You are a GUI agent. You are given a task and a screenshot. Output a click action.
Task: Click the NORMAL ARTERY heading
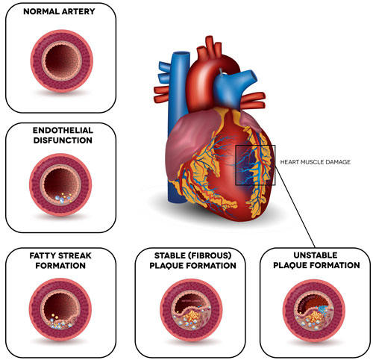click(60, 13)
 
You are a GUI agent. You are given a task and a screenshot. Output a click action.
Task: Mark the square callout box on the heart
click(255, 164)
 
